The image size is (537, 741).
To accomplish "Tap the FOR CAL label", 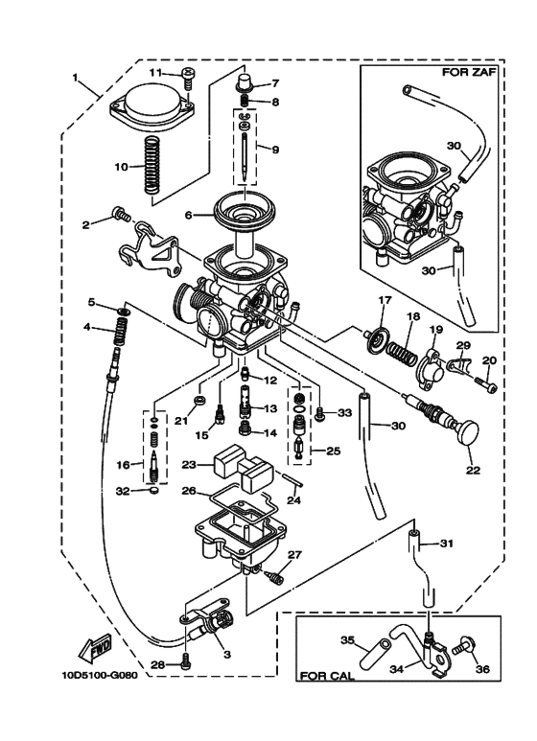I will pos(327,675).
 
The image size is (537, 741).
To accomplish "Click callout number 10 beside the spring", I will pos(122,166).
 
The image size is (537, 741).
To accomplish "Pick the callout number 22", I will pos(473,471).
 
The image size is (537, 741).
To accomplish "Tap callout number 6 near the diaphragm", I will pos(190,216).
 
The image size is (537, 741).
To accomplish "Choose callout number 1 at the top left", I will pos(77,78).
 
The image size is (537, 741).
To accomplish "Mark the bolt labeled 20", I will pos(485,385).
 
